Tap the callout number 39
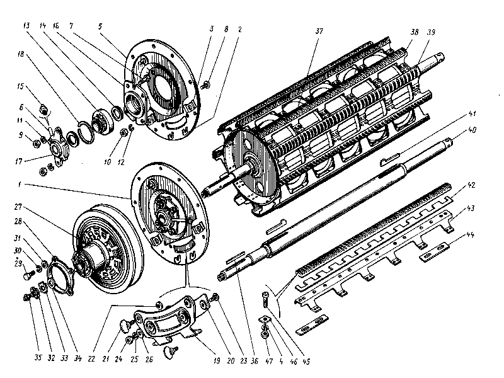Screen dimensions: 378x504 coord(430,33)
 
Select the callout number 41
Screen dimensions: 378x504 coord(472,114)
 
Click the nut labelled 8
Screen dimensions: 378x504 coord(207,84)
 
